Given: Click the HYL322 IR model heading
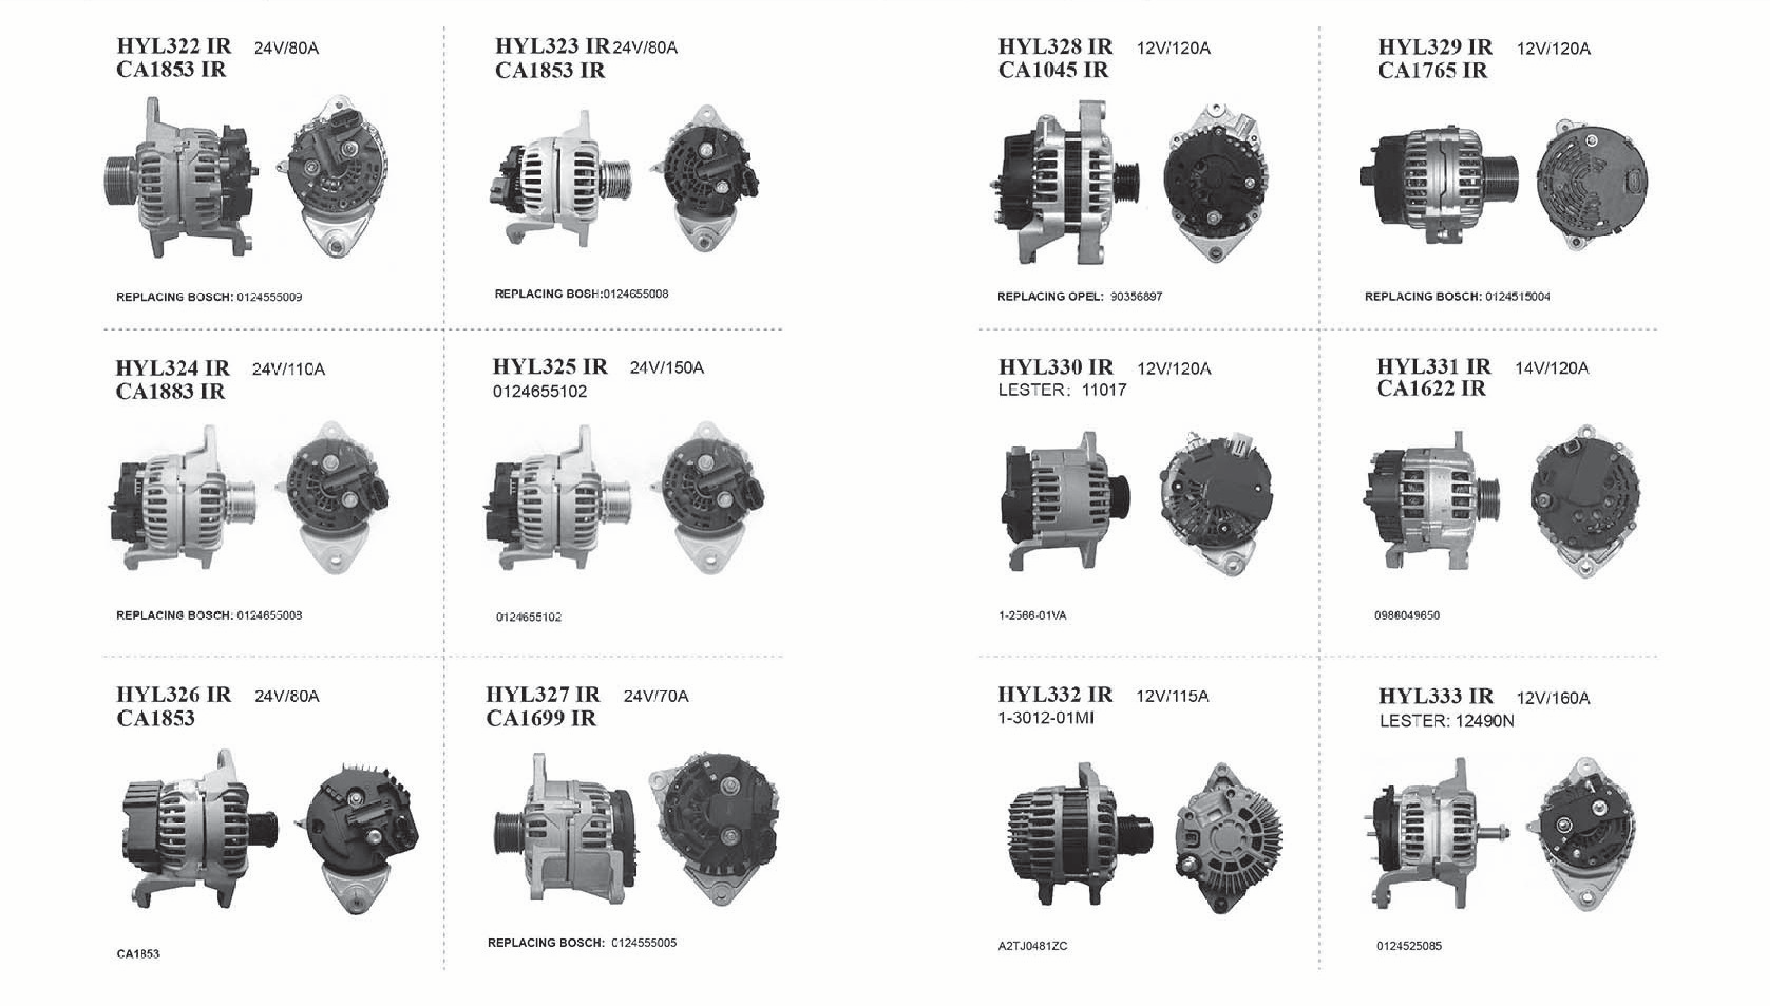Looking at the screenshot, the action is click(x=173, y=46).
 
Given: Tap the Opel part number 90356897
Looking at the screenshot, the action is click(x=1136, y=296).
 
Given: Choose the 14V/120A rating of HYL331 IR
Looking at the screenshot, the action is click(x=1552, y=368).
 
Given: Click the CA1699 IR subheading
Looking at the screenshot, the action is click(x=541, y=718).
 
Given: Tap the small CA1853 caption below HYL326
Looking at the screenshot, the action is click(x=138, y=954).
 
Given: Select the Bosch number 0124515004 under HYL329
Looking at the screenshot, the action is click(x=1518, y=296).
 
